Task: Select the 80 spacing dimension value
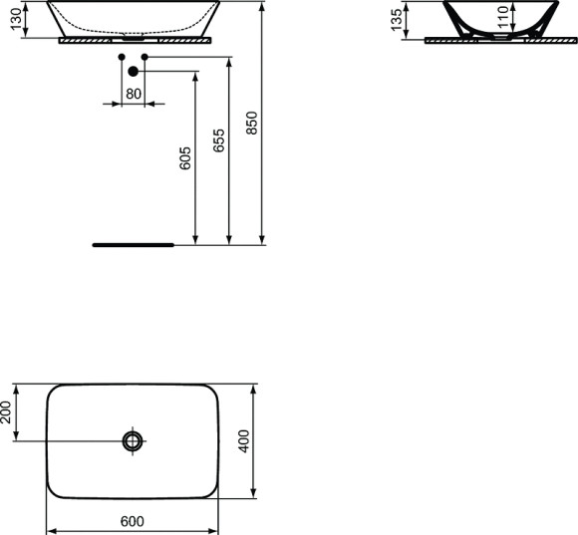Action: pos(133,94)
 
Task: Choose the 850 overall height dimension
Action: pos(252,122)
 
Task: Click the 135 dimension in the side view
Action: pos(397,19)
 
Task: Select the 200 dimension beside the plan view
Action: pos(9,411)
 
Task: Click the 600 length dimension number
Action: pos(133,521)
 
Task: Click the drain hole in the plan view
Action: pos(133,440)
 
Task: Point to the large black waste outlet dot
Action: pos(133,71)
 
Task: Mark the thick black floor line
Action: pos(132,243)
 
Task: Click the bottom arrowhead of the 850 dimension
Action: pos(262,238)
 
